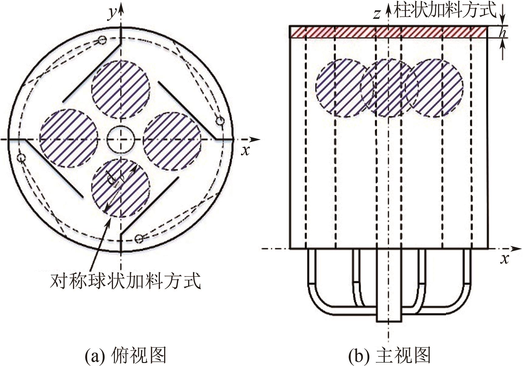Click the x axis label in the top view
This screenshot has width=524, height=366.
tap(246, 150)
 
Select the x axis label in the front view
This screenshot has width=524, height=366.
tap(505, 259)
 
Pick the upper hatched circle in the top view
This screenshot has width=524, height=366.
tap(121, 89)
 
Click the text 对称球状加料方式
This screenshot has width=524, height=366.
tap(126, 281)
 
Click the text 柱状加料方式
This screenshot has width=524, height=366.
tap(445, 10)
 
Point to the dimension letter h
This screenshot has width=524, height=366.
tap(503, 32)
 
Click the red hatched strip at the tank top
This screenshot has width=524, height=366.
tap(389, 32)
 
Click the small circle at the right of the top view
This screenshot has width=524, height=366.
tap(220, 121)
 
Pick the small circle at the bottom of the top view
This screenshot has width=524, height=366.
tap(139, 239)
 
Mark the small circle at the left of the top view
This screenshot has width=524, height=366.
tap(21, 158)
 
